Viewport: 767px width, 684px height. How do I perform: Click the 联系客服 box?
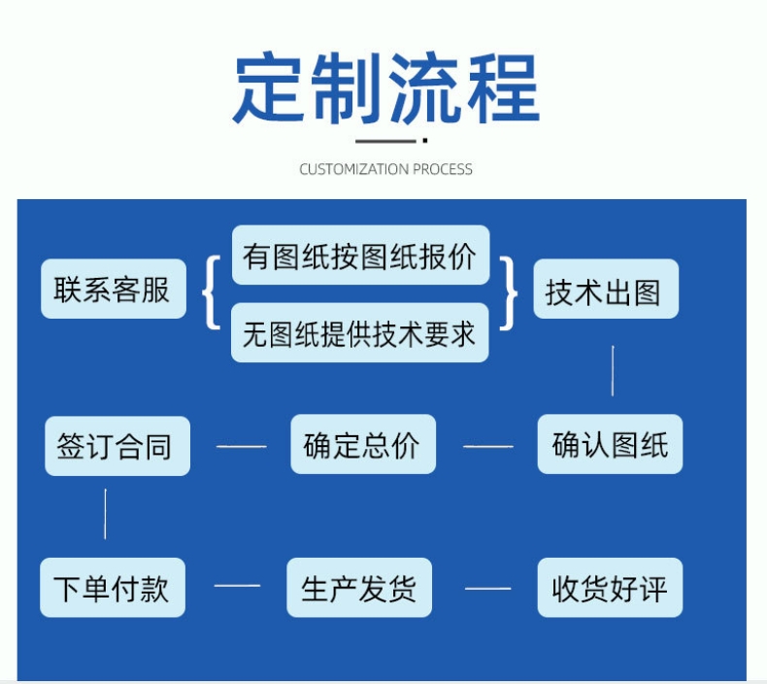click(114, 289)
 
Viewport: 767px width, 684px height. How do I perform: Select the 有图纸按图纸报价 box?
click(360, 256)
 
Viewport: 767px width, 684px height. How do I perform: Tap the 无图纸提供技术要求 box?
click(359, 333)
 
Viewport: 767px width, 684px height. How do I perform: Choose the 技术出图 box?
click(606, 289)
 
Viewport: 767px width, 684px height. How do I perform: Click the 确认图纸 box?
click(610, 444)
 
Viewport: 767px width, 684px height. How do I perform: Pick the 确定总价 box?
click(363, 444)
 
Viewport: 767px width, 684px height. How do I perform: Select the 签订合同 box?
click(117, 446)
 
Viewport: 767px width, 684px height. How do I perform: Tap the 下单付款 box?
click(113, 588)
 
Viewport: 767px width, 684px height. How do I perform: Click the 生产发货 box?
click(359, 588)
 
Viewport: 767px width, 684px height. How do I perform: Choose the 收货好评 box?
click(610, 588)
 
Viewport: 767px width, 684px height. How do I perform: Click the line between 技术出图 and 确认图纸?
click(613, 370)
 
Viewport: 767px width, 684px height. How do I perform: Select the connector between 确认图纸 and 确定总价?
click(488, 447)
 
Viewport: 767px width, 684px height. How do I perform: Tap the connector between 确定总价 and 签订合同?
click(241, 447)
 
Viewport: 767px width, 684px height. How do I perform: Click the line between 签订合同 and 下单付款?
click(105, 514)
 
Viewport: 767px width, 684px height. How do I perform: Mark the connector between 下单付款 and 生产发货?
click(237, 586)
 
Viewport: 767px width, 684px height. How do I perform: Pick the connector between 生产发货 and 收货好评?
click(487, 589)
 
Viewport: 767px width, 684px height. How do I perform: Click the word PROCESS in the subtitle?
click(442, 169)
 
